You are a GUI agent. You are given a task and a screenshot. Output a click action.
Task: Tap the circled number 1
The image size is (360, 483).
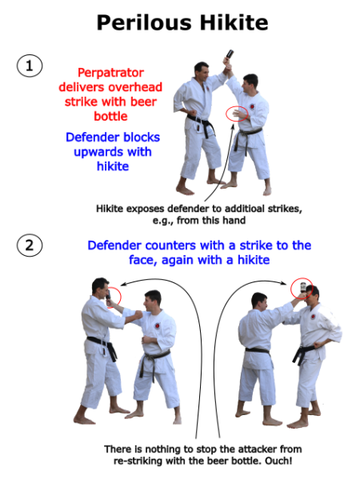pos(30,66)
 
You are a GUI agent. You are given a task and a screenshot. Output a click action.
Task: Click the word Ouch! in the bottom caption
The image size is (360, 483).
pos(287,461)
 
